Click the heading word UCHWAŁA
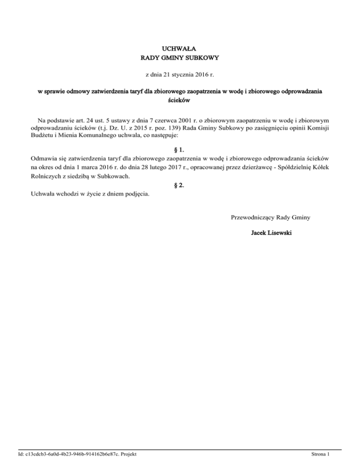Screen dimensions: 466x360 tap(180, 48)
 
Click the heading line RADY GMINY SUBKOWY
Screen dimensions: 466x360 tap(180, 58)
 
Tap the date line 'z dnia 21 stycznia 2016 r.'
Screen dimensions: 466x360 tap(180, 75)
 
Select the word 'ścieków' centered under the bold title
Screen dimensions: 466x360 tap(180, 100)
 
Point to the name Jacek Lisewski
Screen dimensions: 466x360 tap(272, 233)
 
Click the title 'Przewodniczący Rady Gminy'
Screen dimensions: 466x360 tap(272, 217)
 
